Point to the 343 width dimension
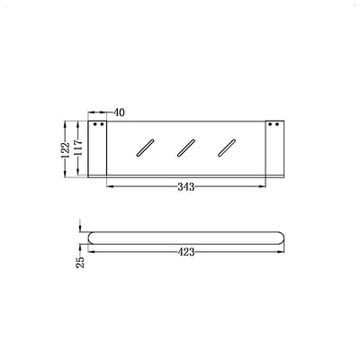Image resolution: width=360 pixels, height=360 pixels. [185, 187]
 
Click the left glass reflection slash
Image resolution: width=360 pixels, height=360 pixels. [144, 148]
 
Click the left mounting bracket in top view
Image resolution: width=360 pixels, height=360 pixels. [99, 148]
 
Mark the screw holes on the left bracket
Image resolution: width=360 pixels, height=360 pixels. [99, 124]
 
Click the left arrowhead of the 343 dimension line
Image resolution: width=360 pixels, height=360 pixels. [110, 187]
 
